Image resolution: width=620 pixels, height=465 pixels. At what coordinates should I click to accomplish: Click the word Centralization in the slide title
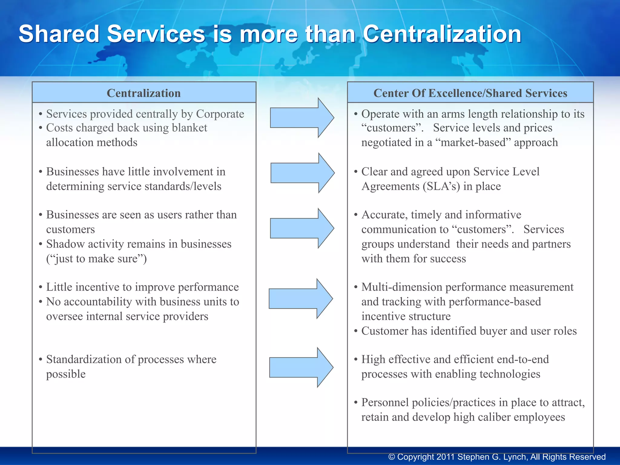tap(442, 34)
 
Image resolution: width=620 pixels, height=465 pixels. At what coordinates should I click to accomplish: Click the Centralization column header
tap(144, 93)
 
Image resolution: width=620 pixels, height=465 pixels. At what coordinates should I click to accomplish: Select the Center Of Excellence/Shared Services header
tap(470, 93)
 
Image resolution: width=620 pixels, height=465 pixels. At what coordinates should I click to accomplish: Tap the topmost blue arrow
tap(302, 118)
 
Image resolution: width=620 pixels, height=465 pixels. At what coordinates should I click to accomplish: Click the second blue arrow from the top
tap(302, 173)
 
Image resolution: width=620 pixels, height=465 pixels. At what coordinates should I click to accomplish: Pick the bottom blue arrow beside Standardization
tap(301, 367)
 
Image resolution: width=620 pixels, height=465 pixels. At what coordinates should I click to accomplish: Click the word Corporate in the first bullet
tap(220, 114)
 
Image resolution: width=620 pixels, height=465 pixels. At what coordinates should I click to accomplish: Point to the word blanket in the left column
tap(189, 128)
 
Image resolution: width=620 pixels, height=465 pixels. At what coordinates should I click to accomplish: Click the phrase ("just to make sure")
tap(96, 259)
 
